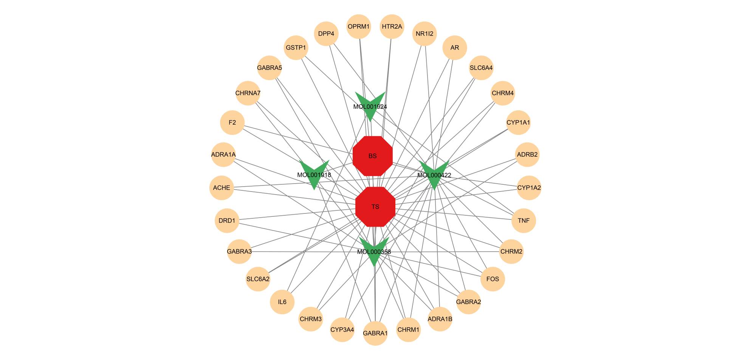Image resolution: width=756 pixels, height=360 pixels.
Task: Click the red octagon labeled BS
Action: (x=373, y=156)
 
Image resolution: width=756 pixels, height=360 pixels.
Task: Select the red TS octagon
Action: (x=375, y=207)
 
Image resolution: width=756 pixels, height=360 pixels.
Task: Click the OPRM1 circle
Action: (x=359, y=27)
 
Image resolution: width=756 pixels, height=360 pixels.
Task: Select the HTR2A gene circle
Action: (x=392, y=27)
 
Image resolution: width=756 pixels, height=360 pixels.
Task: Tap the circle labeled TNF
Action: (x=524, y=221)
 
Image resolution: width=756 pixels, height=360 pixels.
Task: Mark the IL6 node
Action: (x=282, y=302)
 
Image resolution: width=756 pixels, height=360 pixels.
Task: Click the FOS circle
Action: (x=493, y=279)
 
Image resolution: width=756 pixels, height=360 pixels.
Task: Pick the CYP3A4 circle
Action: (x=342, y=329)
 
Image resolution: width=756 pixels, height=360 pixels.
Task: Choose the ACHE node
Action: (x=222, y=188)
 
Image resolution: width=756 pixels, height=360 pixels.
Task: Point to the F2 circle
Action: (x=232, y=123)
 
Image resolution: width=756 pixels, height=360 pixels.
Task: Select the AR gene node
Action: (x=455, y=48)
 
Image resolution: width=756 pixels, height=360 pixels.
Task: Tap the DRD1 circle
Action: (x=227, y=221)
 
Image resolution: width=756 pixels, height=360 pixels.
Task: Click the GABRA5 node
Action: (x=270, y=68)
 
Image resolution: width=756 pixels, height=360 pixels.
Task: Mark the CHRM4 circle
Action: (x=503, y=93)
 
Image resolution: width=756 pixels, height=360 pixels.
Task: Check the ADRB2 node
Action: (x=527, y=155)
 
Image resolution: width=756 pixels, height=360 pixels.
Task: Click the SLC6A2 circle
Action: (x=258, y=279)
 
